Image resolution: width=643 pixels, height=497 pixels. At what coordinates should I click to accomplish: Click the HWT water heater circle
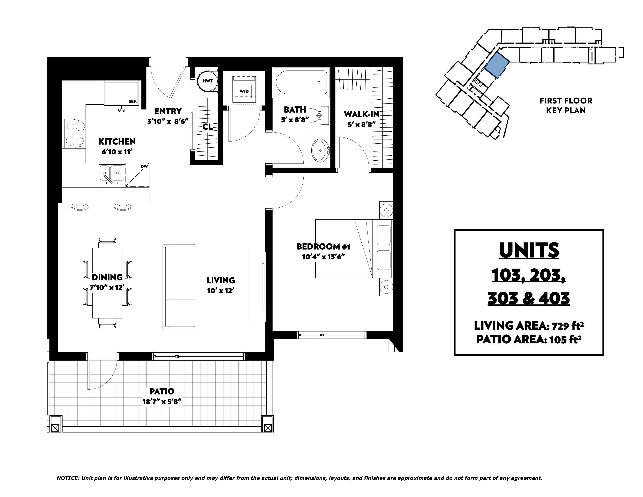point(208,81)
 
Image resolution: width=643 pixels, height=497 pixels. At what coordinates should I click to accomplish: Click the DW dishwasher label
point(144,166)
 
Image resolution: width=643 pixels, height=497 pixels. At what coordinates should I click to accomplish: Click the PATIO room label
point(162,391)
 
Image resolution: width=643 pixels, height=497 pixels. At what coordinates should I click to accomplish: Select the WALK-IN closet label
point(361,114)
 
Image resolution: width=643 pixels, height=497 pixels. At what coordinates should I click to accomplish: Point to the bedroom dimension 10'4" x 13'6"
point(323,257)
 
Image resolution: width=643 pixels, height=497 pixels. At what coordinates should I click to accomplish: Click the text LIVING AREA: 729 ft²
point(529,326)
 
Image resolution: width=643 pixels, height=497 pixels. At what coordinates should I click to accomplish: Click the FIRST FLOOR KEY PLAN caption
point(566,105)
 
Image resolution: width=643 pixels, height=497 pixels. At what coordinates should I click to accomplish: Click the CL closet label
point(208,127)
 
